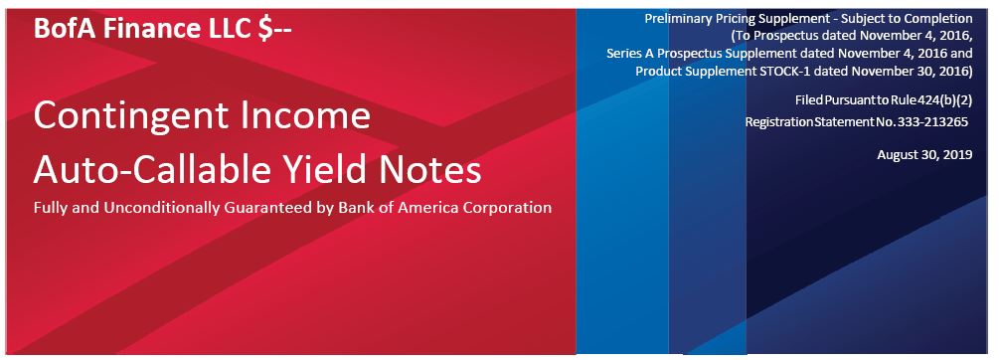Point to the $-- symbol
pos(274,29)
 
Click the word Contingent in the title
pos(131,116)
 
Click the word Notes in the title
pos(425,171)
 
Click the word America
pos(424,208)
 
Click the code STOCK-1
pos(785,71)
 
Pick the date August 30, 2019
pos(924,155)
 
